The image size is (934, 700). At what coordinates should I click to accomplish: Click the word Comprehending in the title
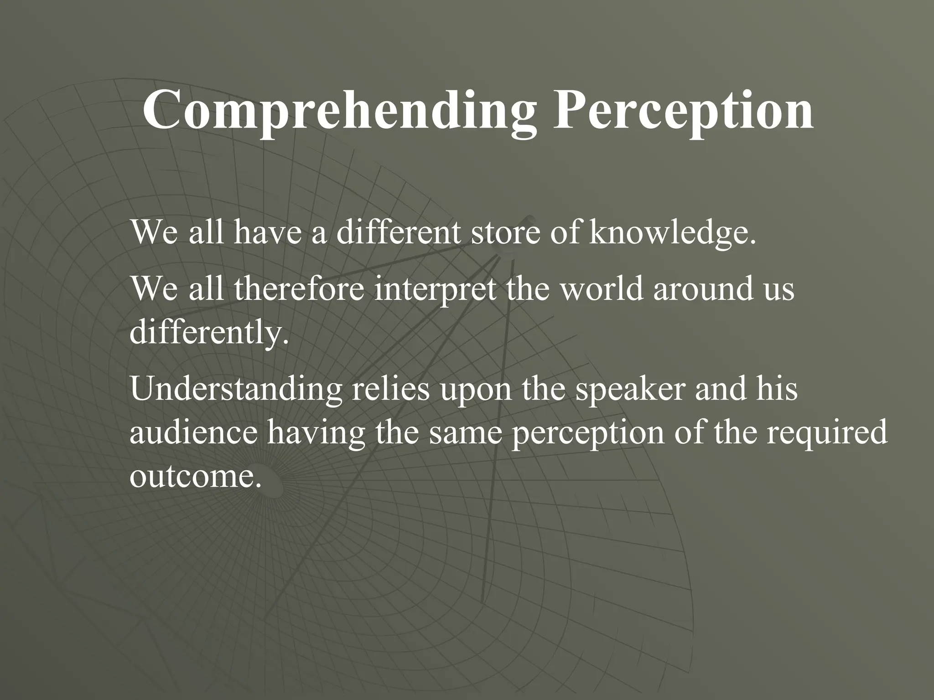[339, 111]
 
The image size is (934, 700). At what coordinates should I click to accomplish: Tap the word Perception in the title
[683, 111]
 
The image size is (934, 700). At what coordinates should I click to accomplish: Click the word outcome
[196, 477]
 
